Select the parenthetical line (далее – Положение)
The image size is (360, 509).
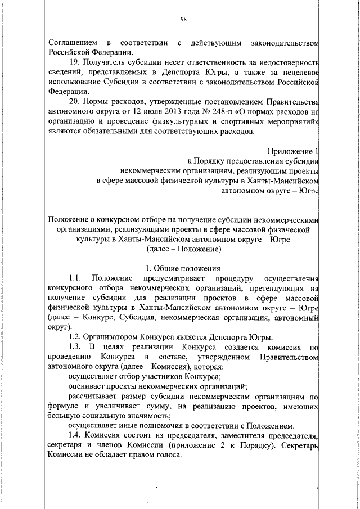coord(183,248)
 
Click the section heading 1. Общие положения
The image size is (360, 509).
coord(183,268)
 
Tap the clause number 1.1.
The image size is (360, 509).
coord(76,278)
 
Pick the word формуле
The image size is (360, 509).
coord(64,406)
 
